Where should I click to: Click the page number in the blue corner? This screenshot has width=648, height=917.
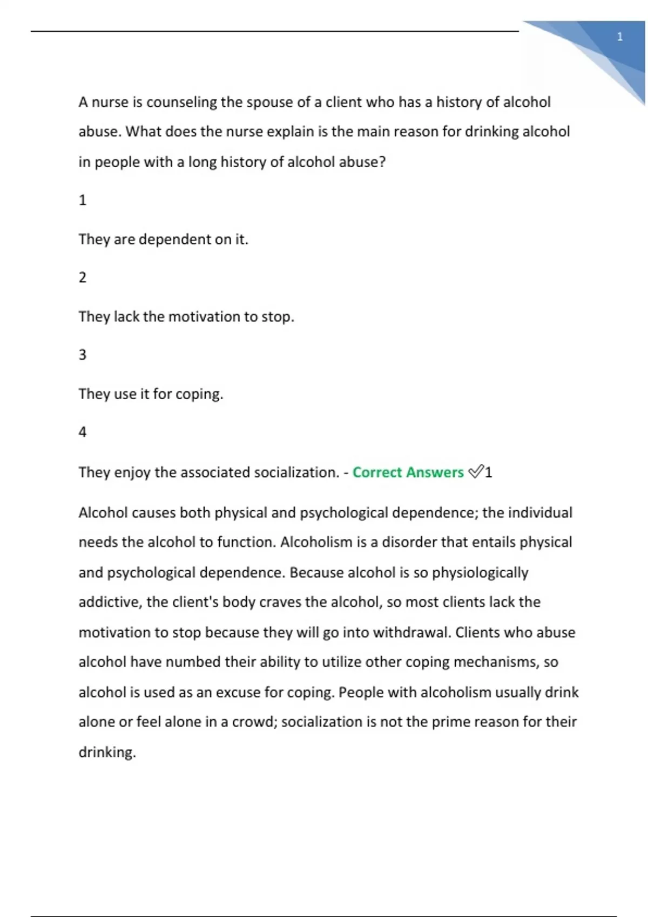pyautogui.click(x=619, y=37)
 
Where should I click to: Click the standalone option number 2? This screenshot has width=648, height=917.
pyautogui.click(x=83, y=278)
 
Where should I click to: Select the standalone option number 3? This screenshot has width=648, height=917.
pyautogui.click(x=83, y=355)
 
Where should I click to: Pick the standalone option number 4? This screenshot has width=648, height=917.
pyautogui.click(x=83, y=432)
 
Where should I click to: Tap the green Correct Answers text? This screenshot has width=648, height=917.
pyautogui.click(x=408, y=473)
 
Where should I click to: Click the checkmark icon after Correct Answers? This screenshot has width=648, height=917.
pyautogui.click(x=475, y=473)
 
